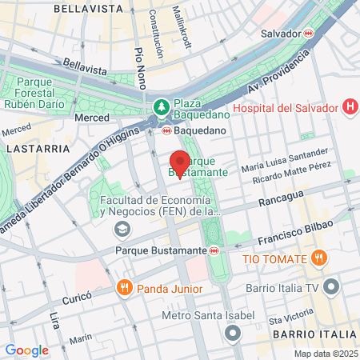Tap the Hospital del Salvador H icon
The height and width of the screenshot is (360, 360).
pos(349,106)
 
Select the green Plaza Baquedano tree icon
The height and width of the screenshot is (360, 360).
pos(161,106)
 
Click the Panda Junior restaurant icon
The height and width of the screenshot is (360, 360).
pos(124,287)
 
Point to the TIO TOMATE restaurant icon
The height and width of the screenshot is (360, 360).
pos(319,258)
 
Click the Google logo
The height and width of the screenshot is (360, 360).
pos(26,350)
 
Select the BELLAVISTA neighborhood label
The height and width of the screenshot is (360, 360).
pos(88,9)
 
